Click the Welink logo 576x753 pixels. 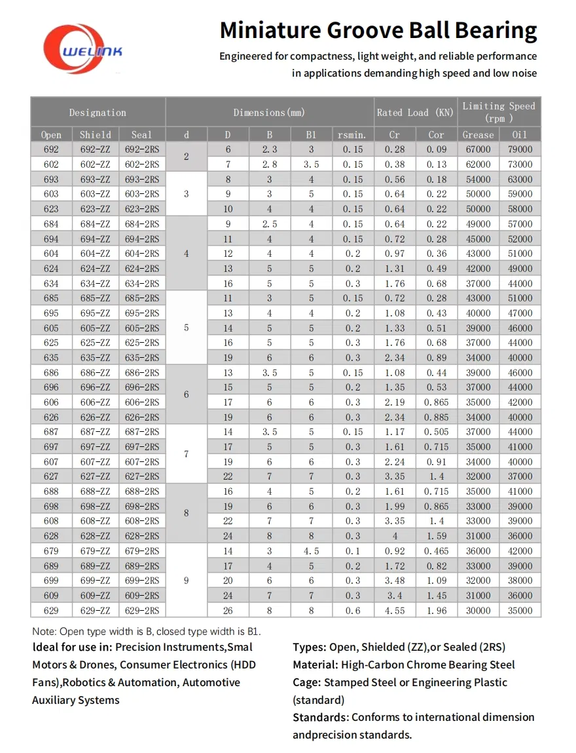[82, 48]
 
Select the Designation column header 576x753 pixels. [98, 112]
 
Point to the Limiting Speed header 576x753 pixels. [499, 112]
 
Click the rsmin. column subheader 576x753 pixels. [352, 135]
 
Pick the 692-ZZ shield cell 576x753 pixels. [96, 149]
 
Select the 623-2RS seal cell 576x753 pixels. [141, 209]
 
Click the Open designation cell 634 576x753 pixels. [51, 284]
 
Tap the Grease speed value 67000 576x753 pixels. [477, 149]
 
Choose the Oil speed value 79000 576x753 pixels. [520, 149]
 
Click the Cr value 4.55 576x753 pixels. [395, 611]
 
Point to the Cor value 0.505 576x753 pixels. [437, 432]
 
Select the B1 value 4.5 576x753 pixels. [312, 551]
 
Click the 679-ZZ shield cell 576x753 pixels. [96, 551]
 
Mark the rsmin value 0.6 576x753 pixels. [352, 611]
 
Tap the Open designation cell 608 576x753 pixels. [51, 521]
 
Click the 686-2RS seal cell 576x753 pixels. [141, 373]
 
